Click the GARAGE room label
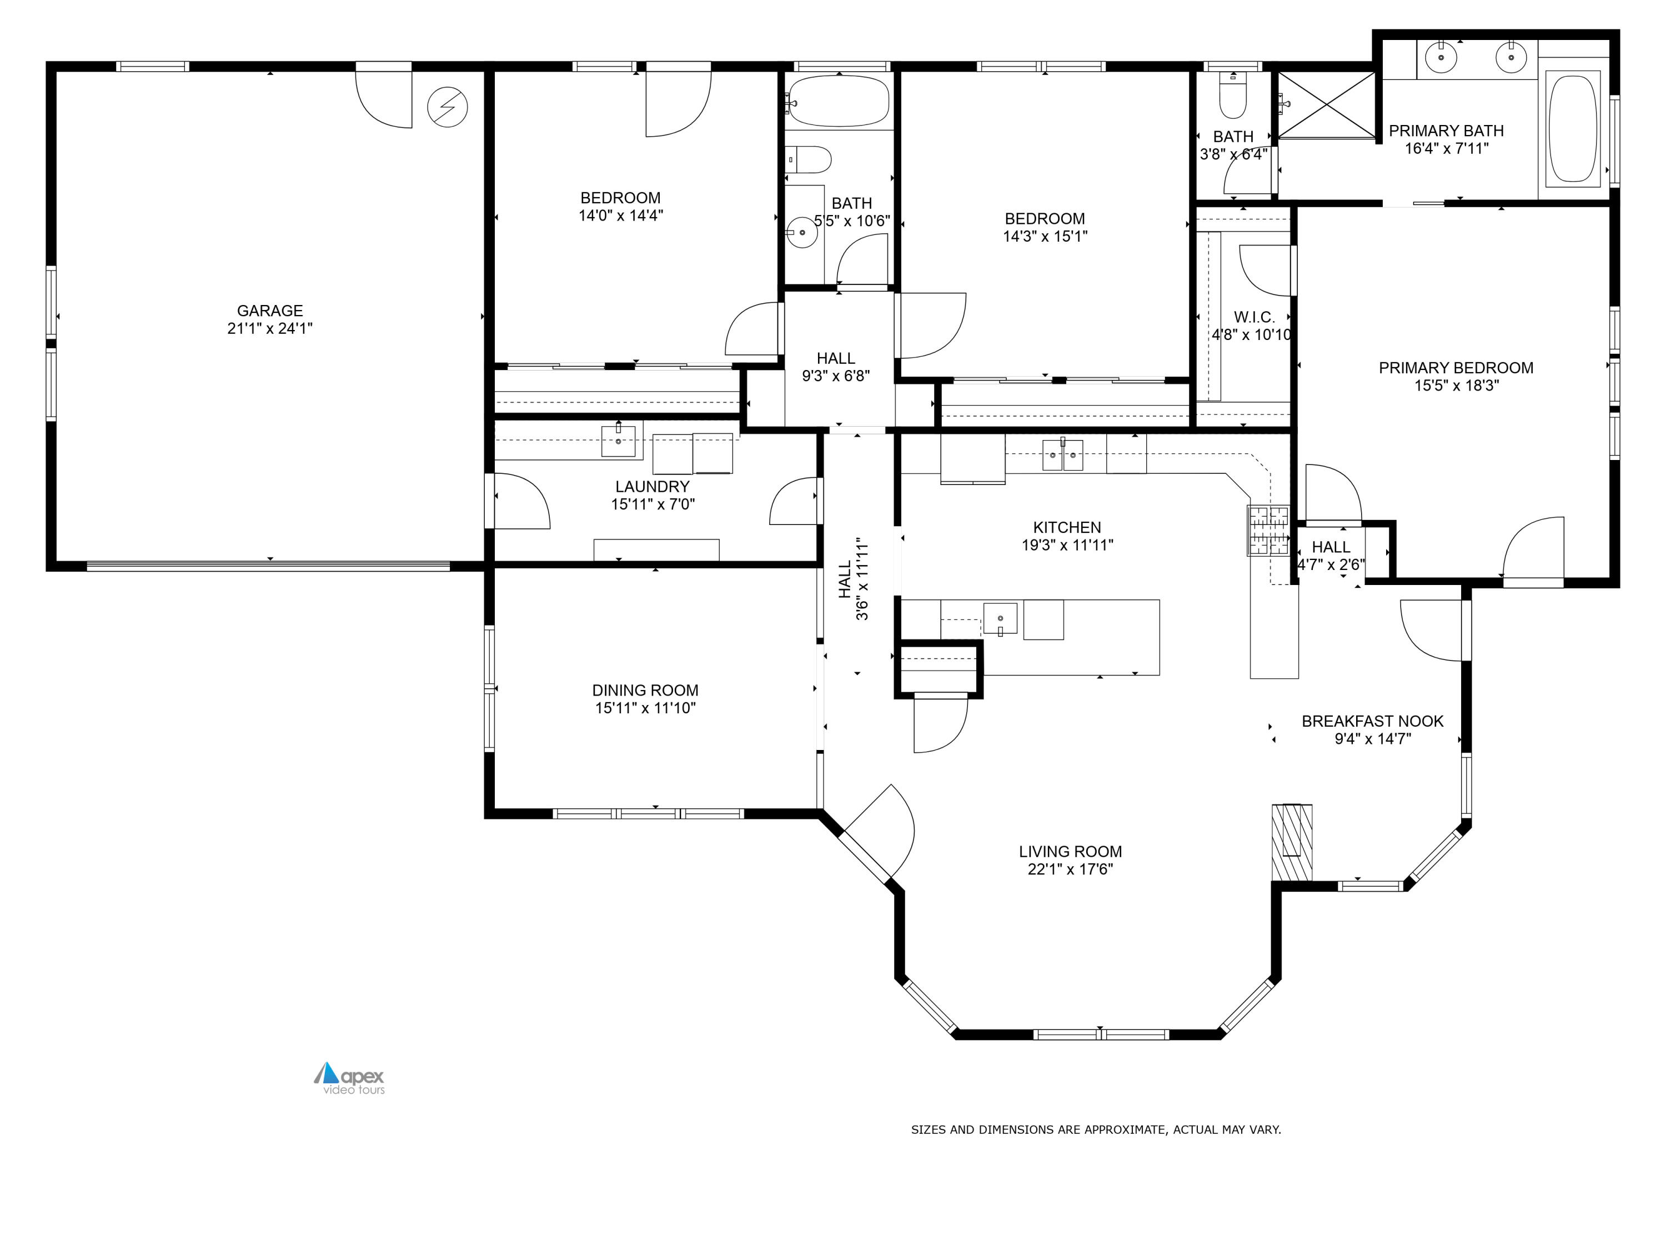tap(270, 311)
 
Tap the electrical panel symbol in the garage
tap(448, 107)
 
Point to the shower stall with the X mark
tap(1326, 106)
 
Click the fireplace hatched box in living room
tap(1292, 842)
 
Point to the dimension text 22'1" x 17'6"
tap(1070, 869)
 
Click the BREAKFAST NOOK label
tap(1372, 721)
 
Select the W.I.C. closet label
tap(1254, 317)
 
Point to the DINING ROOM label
tap(645, 690)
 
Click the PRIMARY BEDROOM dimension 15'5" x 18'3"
tap(1457, 386)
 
